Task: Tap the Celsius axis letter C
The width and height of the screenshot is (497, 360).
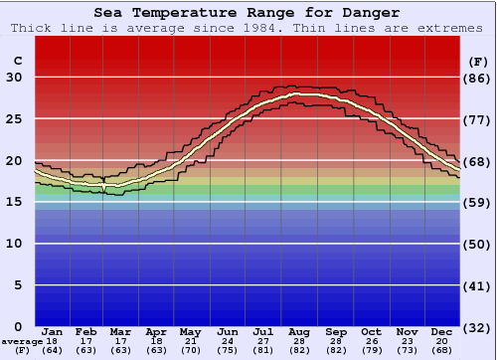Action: pos(17,61)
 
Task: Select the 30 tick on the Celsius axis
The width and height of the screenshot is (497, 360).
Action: pos(16,78)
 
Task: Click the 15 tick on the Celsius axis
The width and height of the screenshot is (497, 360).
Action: pos(16,202)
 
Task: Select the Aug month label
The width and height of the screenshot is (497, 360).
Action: pos(300,331)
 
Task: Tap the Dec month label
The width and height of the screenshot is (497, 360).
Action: pos(441,331)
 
